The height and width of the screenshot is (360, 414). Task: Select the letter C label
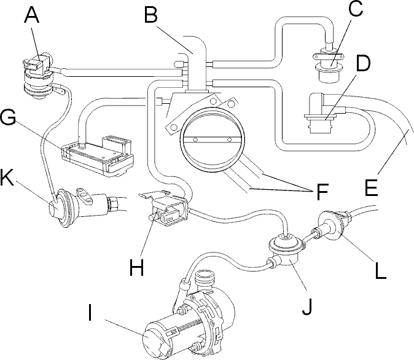356,9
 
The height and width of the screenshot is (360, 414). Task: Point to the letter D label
363,63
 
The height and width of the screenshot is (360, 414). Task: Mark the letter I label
90,313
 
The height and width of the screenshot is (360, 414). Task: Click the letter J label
307,306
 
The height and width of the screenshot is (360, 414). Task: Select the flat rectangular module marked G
98,155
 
